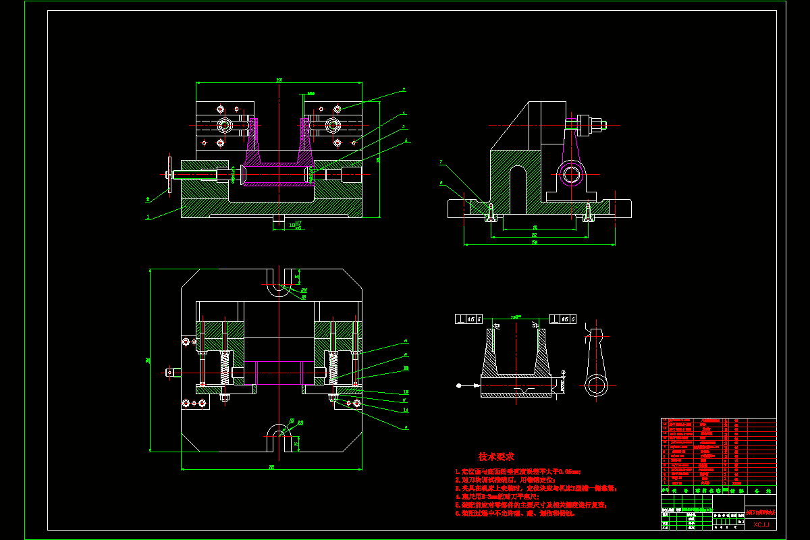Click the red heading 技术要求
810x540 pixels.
tap(496, 457)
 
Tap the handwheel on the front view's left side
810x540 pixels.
tap(169, 175)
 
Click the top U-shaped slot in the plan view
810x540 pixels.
tap(277, 285)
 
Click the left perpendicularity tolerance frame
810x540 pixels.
tap(469, 319)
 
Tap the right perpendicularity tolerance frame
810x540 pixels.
tap(563, 319)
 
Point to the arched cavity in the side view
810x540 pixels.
tap(517, 186)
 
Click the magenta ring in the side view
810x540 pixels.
tap(572, 174)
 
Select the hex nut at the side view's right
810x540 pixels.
tap(597, 124)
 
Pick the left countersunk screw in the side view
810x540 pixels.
tap(491, 213)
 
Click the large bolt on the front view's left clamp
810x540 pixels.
tap(224, 125)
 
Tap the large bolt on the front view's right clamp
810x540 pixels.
tap(333, 125)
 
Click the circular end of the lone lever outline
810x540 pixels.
tap(597, 385)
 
